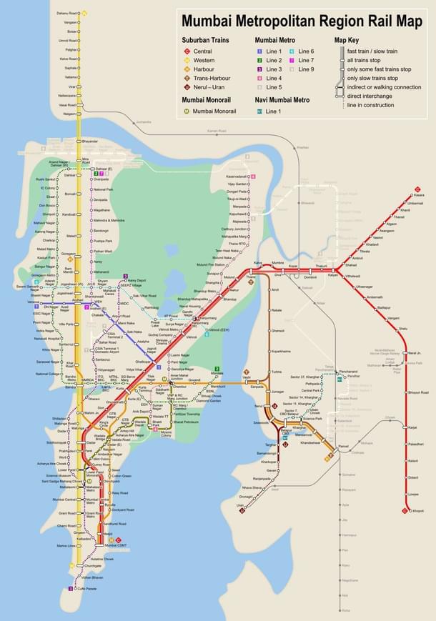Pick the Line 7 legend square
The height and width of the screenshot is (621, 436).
tap(294, 61)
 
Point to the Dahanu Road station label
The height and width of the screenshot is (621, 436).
tap(68, 13)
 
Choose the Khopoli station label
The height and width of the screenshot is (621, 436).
tap(419, 511)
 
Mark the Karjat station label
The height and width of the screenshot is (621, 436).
tap(412, 427)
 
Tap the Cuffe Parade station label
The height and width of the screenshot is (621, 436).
tap(86, 589)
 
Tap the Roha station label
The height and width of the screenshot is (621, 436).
tap(346, 610)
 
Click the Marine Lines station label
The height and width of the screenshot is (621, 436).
tap(66, 545)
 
